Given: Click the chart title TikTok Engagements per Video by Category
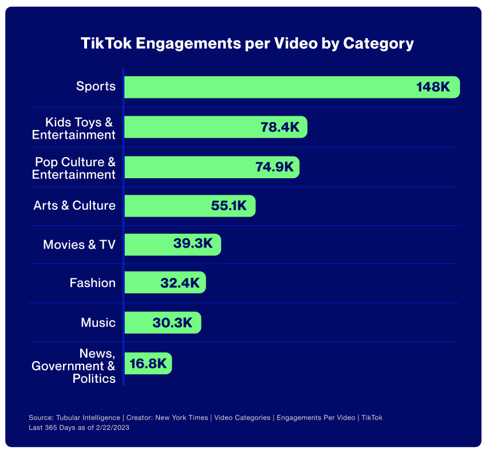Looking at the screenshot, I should pos(247,44).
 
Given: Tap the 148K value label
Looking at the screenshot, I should pos(433,87).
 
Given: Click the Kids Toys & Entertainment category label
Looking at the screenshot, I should pos(74,128).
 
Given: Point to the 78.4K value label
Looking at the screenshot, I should pos(280,127).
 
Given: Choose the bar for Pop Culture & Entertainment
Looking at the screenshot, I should pos(189,167).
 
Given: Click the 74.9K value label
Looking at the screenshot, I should pos(274,167).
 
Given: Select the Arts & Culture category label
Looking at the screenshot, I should pos(74,205).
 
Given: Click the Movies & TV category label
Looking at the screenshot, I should pos(79,245).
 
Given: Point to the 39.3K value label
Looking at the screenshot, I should pos(193,244).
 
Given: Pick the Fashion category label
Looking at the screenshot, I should pos(92,283).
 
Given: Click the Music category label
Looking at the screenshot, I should pos(98,323).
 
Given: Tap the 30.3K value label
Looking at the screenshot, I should pos(172,323).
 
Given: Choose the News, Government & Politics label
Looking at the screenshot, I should pos(74,366).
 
